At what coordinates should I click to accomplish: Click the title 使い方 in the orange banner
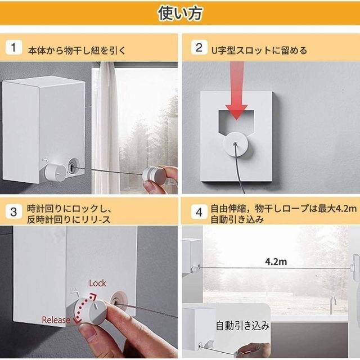pyautogui.click(x=180, y=13)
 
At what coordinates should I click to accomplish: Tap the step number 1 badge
pyautogui.click(x=13, y=47)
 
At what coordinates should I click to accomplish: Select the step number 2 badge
pyautogui.click(x=199, y=47)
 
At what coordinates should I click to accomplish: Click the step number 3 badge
pyautogui.click(x=13, y=211)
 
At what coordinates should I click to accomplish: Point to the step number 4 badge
pyautogui.click(x=199, y=212)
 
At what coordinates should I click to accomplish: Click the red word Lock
pyautogui.click(x=97, y=283)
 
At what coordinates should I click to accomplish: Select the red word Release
pyautogui.click(x=56, y=320)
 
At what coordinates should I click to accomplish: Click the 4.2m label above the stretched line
pyautogui.click(x=276, y=262)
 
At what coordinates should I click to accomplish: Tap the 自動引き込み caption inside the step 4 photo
pyautogui.click(x=242, y=326)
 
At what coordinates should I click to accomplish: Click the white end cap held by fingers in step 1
pyautogui.click(x=154, y=176)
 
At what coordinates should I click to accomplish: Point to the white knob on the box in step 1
pyautogui.click(x=55, y=173)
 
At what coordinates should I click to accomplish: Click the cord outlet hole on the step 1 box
pyautogui.click(x=73, y=165)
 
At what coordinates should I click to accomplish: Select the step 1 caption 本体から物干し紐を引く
pyautogui.click(x=77, y=50)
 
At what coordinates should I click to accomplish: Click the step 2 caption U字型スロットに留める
pyautogui.click(x=259, y=50)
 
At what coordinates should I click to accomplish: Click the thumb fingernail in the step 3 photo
pyautogui.click(x=87, y=334)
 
